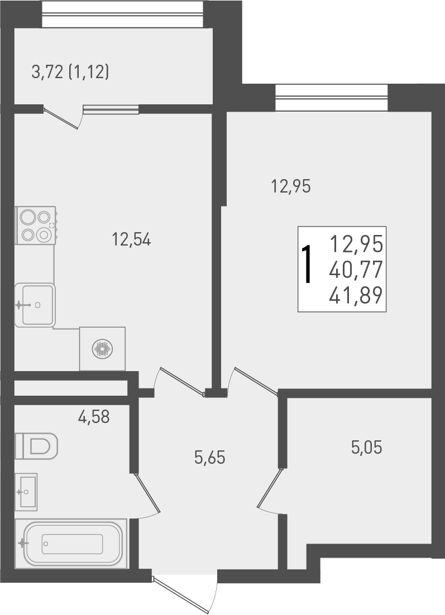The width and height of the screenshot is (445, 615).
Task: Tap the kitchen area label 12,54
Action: pyautogui.click(x=132, y=240)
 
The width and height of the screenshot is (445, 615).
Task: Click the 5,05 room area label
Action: pyautogui.click(x=366, y=447)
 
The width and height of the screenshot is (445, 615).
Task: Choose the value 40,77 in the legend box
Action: pyautogui.click(x=356, y=271)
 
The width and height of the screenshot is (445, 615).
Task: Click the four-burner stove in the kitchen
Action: pyautogui.click(x=36, y=225)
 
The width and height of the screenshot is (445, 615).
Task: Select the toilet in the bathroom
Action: pyautogui.click(x=36, y=446)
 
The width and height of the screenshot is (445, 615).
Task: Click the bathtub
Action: pyautogui.click(x=71, y=544)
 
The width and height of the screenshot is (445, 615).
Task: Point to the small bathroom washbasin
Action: pyautogui.click(x=26, y=492)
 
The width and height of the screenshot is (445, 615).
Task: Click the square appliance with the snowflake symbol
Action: pyautogui.click(x=102, y=349)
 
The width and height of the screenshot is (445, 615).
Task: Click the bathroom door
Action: pyautogui.click(x=147, y=494)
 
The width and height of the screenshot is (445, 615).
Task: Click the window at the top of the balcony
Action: pyautogui.click(x=122, y=13)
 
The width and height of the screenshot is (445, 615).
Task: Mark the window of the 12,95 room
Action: pyautogui.click(x=331, y=98)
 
